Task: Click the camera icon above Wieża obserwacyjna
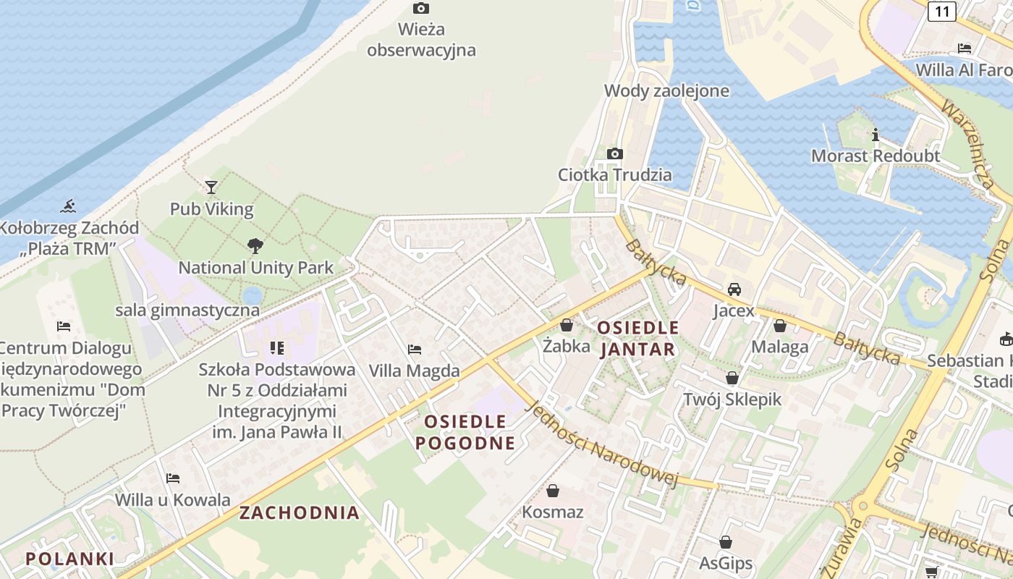420,9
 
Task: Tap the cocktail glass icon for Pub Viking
211,187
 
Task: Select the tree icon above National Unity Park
255,245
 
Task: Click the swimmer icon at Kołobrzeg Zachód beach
68,206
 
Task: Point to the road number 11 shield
941,11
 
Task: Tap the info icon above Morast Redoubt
876,135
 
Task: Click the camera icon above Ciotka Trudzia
615,153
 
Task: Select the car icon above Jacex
734,289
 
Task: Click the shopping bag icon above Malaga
779,326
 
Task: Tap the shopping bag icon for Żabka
567,325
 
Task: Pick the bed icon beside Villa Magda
415,350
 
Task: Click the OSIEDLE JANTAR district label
637,339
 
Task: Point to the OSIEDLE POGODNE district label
465,432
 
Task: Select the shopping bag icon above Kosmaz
553,491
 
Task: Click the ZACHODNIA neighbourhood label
300,513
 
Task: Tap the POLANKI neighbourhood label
69,559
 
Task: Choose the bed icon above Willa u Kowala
173,478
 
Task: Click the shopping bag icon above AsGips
726,542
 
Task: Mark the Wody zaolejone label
666,91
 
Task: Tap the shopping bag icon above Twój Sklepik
732,378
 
